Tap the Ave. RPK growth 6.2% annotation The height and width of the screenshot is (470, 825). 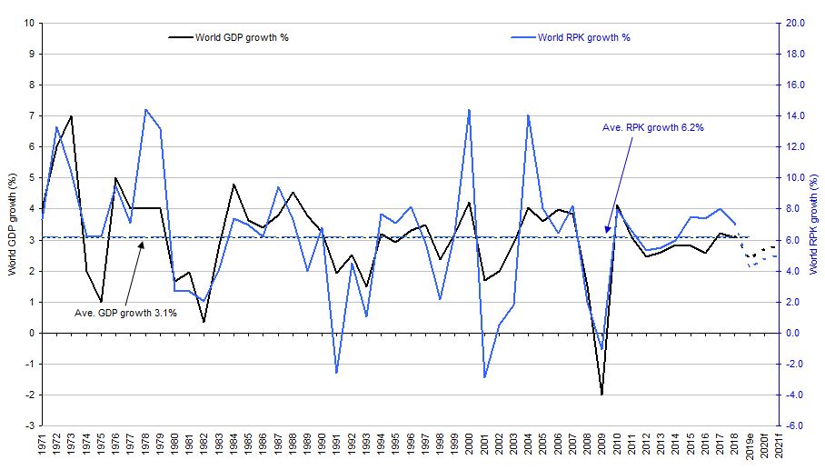click(653, 127)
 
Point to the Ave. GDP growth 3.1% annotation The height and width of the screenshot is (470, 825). click(125, 313)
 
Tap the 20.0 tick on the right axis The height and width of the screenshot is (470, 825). click(796, 23)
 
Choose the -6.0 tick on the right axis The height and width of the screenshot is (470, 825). click(796, 425)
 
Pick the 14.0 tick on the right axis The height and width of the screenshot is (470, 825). click(796, 115)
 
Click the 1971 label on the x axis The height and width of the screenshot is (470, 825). click(42, 446)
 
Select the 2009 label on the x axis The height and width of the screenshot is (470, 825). click(601, 446)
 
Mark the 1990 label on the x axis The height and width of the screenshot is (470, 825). click(322, 446)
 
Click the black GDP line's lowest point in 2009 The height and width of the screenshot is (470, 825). click(601, 395)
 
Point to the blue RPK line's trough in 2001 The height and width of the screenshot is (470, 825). click(483, 377)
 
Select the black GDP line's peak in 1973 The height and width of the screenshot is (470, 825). click(71, 116)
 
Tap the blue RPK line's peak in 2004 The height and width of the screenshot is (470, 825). click(528, 115)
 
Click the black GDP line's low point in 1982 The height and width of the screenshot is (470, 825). click(204, 321)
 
